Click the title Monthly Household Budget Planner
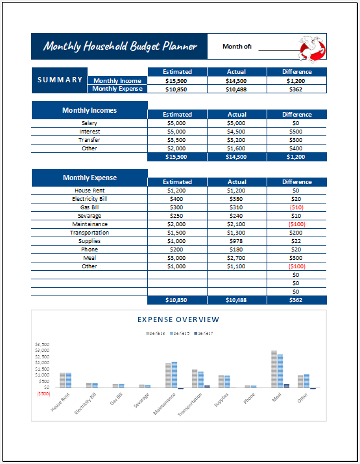(120, 46)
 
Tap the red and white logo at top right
(311, 47)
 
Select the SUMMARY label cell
(60, 80)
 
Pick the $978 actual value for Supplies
(237, 241)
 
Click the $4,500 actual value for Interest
(237, 132)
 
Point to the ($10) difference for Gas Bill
(296, 207)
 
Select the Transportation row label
(90, 233)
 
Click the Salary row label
(90, 123)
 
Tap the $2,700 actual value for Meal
(237, 258)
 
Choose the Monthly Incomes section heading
(90, 110)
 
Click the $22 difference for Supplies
(296, 241)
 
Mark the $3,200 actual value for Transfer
(237, 140)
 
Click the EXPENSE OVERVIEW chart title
(179, 319)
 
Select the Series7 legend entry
(203, 333)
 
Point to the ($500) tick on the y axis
(43, 393)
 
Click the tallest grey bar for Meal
(274, 369)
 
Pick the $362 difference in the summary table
(296, 89)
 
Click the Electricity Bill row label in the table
(90, 199)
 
